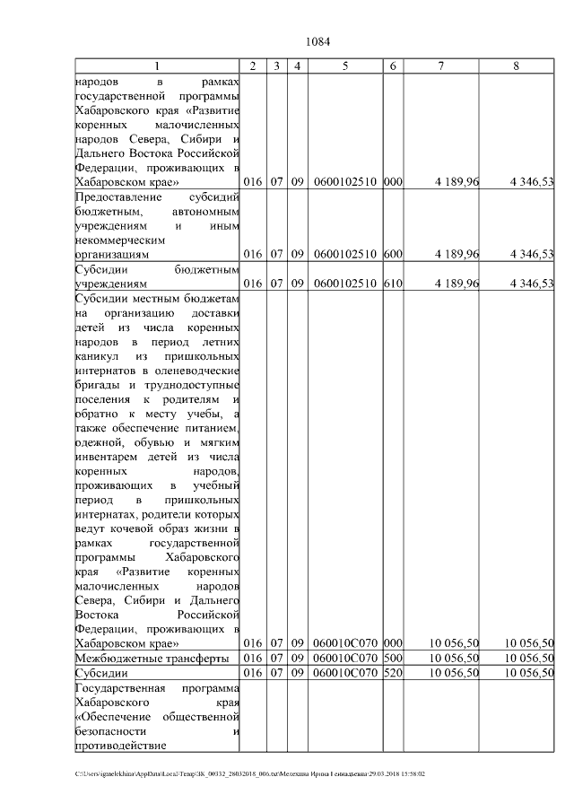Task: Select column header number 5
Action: coord(345,66)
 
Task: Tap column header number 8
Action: coord(516,66)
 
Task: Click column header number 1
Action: coord(157,66)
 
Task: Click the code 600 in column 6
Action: coord(393,255)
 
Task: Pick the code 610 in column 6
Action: coord(393,284)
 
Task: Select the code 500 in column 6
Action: coord(393,658)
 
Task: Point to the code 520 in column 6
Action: coord(393,672)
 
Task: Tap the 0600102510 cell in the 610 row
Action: coord(345,284)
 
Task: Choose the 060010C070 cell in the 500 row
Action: coord(345,658)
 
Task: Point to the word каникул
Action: coord(97,355)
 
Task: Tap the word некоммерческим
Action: coord(119,240)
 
